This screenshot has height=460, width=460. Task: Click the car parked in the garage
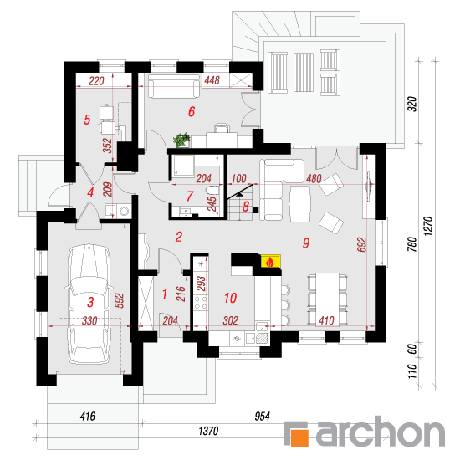[89, 304]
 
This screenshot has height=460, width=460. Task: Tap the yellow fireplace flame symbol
[270, 262]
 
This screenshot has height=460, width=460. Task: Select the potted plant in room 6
[181, 140]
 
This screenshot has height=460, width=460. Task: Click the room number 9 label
[306, 243]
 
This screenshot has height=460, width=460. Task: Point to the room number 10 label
[230, 298]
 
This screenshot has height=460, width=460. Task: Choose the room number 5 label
[87, 120]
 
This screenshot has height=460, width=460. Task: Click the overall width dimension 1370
[208, 431]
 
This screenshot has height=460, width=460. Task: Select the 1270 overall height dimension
[428, 226]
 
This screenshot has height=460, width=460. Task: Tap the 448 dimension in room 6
[212, 80]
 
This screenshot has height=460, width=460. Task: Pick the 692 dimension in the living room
[361, 244]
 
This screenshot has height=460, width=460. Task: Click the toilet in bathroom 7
[212, 191]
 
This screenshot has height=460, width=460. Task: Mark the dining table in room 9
[327, 299]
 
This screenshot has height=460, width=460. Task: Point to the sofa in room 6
[174, 86]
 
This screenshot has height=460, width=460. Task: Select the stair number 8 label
[246, 207]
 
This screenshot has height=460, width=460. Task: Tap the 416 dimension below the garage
[88, 416]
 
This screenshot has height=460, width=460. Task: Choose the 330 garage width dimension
[89, 320]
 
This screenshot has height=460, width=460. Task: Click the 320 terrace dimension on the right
[411, 104]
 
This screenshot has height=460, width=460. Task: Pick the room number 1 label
[165, 294]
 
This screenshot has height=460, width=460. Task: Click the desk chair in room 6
[222, 128]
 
